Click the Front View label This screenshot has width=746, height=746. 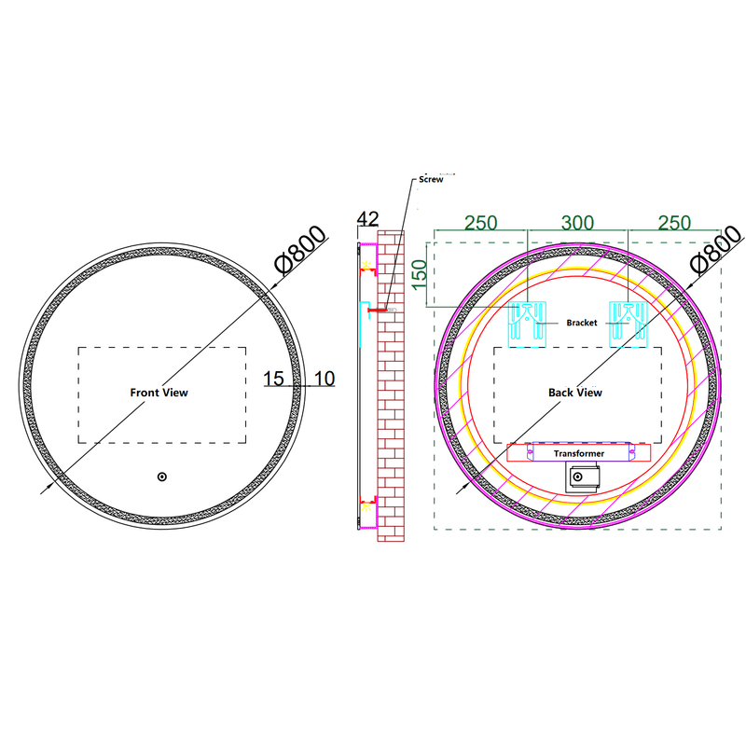[159, 393]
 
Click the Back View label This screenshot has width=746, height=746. [575, 393]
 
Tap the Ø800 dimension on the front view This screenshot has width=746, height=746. [300, 250]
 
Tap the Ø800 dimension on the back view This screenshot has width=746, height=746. [716, 250]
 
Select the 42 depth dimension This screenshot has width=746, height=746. [367, 219]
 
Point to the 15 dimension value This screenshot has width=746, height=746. [273, 379]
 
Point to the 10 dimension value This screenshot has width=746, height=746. [325, 379]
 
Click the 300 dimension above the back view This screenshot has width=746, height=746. [577, 223]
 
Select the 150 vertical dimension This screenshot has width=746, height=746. [419, 274]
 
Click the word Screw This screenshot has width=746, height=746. [431, 179]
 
